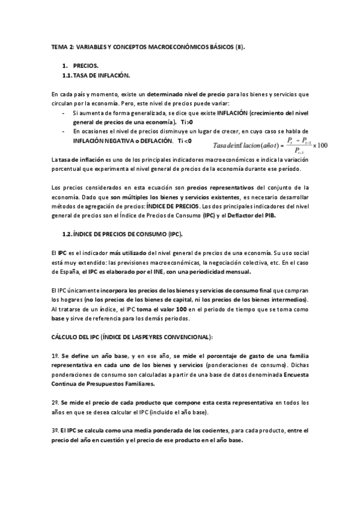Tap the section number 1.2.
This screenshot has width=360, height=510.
pyautogui.click(x=69, y=233)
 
